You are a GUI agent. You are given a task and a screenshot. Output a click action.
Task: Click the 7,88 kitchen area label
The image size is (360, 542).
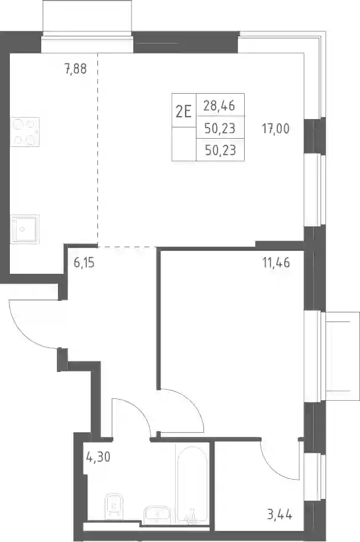(75, 69)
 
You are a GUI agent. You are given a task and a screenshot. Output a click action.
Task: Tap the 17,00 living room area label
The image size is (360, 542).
(276, 129)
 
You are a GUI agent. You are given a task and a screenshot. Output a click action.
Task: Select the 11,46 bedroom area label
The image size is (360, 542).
(276, 263)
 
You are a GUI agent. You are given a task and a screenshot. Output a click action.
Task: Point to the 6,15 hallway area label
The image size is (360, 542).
(84, 263)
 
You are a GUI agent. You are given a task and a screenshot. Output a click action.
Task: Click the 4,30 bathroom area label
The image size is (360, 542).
(98, 457)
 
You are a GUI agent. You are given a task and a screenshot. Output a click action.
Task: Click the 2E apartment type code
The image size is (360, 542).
(184, 112)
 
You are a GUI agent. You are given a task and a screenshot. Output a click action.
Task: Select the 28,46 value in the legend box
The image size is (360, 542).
(219, 105)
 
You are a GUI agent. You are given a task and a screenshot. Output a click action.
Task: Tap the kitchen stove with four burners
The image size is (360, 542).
(25, 132)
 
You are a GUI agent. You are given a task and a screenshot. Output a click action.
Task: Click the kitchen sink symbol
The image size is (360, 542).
(25, 229)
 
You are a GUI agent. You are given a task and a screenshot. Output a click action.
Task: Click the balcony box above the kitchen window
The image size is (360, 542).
(87, 16)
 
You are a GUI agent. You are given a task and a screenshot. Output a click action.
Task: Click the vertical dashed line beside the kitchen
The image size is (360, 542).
(98, 150)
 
